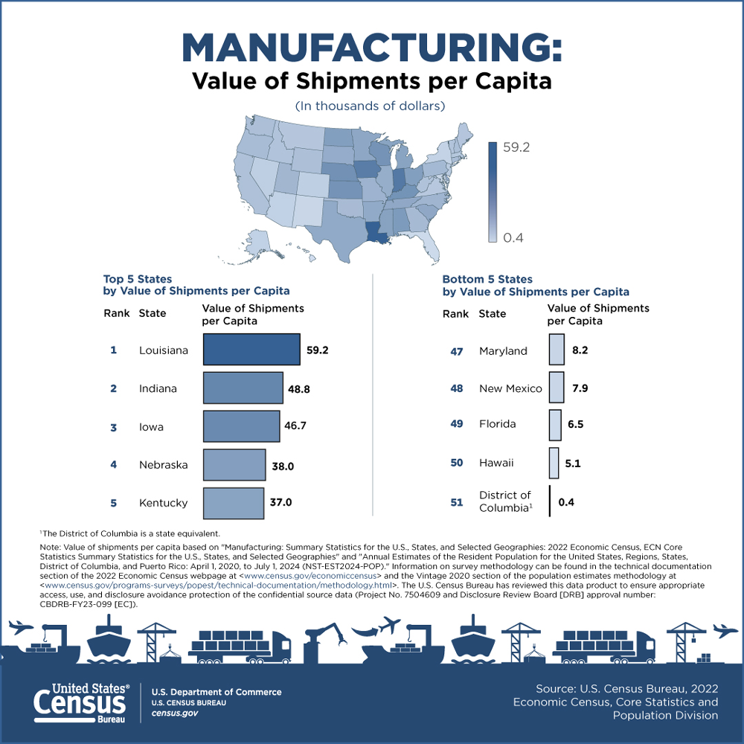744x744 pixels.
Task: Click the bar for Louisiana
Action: (x=251, y=350)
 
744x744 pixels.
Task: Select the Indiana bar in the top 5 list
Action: (x=243, y=388)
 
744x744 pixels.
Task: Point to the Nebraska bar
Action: (x=234, y=465)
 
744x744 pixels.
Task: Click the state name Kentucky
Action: (x=163, y=503)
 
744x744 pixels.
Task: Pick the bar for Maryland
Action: (x=556, y=350)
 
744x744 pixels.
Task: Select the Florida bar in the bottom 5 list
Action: (x=555, y=425)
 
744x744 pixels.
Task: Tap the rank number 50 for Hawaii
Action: (x=457, y=463)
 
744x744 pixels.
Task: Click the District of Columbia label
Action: (x=506, y=501)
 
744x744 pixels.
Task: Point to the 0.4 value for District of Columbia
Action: (x=565, y=502)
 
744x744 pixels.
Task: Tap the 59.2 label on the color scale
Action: (x=516, y=147)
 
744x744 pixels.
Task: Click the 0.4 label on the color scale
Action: (x=513, y=238)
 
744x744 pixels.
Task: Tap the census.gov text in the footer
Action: (x=175, y=713)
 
